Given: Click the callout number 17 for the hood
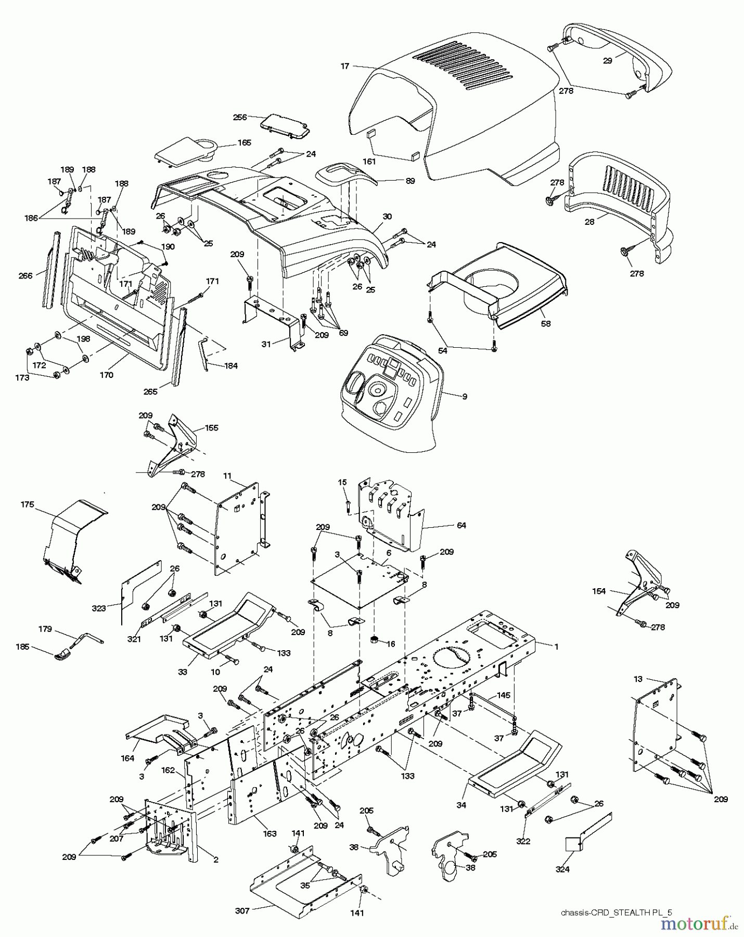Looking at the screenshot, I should click(x=345, y=66).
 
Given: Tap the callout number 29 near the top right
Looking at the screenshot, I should click(x=608, y=60).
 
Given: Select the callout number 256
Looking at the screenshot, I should click(x=240, y=118).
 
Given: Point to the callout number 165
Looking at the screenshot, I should click(x=244, y=143).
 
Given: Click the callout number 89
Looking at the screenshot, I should click(x=410, y=181).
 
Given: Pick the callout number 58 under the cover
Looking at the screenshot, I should click(x=545, y=323).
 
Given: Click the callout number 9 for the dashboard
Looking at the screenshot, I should click(x=465, y=397).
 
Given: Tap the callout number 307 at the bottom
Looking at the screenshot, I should click(x=242, y=911).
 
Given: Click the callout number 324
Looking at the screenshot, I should click(x=562, y=869).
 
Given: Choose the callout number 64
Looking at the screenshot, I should click(x=461, y=526).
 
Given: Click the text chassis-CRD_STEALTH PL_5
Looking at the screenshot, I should click(x=617, y=912).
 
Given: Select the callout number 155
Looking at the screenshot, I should click(x=212, y=428).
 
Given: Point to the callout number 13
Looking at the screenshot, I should click(x=638, y=679).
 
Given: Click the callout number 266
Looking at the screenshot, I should click(x=25, y=276).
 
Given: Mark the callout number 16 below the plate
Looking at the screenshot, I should click(x=391, y=644).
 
